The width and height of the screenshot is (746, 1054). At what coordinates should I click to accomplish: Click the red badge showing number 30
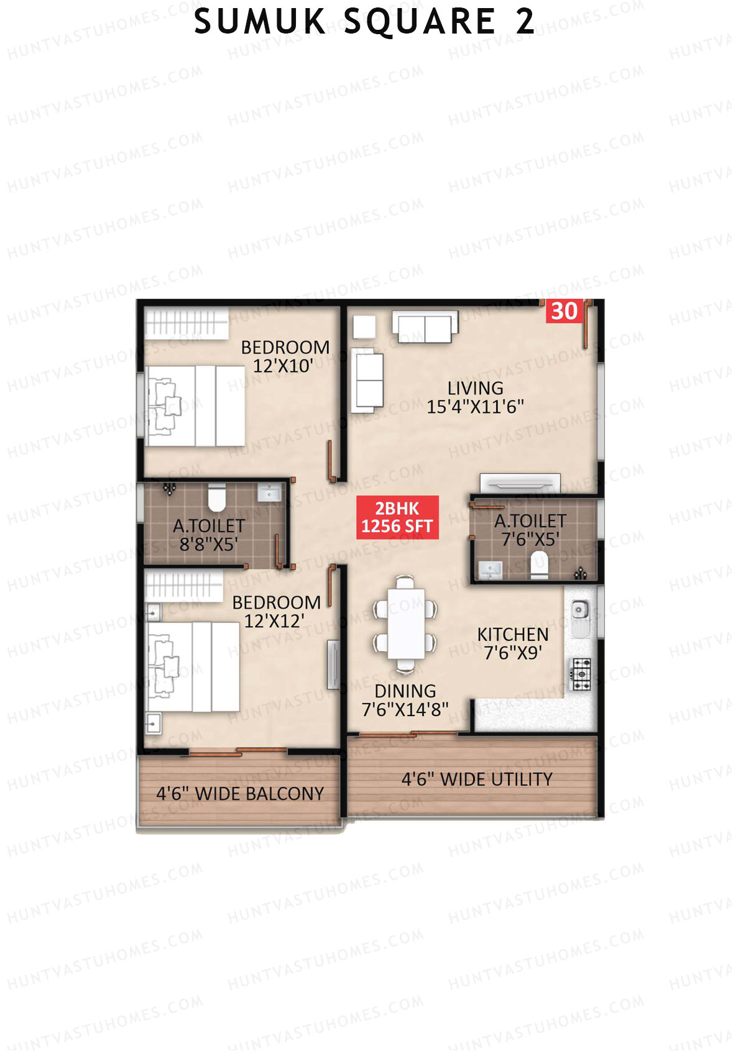(564, 311)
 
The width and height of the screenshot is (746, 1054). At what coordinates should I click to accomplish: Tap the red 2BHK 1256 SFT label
(397, 517)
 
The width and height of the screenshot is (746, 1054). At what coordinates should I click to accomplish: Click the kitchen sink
(580, 611)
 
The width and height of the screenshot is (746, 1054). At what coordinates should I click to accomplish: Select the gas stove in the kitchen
(582, 674)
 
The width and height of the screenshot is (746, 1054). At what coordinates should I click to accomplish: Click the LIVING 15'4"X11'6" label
(475, 398)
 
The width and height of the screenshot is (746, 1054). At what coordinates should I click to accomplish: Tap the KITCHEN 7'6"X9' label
(513, 643)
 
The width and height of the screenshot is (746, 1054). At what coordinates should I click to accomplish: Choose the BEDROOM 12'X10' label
(285, 357)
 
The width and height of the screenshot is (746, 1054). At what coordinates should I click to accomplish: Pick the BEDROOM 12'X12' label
(276, 612)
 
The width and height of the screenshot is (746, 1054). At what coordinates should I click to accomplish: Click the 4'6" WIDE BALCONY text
(240, 794)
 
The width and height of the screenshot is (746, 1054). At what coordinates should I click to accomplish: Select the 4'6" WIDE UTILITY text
(477, 779)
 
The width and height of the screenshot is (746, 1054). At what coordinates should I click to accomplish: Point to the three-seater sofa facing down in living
(425, 327)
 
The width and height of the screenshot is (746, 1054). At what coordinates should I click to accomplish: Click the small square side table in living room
(364, 327)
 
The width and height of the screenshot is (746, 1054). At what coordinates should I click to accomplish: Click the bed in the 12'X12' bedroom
(193, 666)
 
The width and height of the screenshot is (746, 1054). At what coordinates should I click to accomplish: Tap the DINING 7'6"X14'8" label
(405, 700)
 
